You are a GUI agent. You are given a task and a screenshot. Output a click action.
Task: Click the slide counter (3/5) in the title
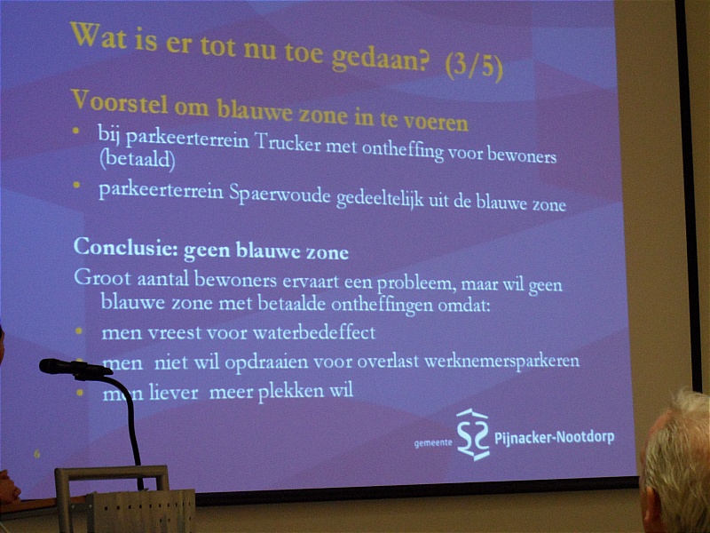(x=474, y=67)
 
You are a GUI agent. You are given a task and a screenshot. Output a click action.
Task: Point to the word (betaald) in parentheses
(x=138, y=160)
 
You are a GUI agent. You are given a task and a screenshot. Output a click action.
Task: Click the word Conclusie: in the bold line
(x=126, y=248)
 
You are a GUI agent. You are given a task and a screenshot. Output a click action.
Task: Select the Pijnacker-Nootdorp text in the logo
(x=554, y=438)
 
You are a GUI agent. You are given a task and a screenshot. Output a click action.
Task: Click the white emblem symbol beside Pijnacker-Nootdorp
(x=473, y=434)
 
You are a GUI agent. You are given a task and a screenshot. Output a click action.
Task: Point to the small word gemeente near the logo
(x=433, y=442)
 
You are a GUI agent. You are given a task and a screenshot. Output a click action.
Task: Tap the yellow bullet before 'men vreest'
(x=79, y=331)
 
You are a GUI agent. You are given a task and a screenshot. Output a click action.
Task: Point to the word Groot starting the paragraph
(x=102, y=277)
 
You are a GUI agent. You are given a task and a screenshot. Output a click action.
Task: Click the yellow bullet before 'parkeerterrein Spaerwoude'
(x=76, y=185)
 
